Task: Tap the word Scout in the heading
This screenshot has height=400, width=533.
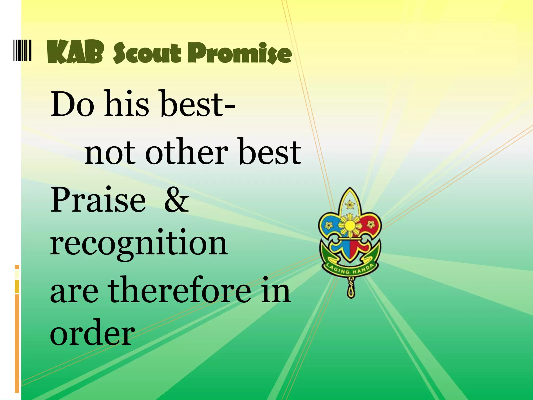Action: [x=147, y=53]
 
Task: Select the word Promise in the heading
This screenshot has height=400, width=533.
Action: [x=239, y=53]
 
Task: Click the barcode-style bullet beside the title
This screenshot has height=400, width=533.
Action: [x=22, y=50]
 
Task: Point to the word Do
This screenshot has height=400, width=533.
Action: [x=72, y=104]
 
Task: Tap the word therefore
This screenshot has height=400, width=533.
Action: [x=180, y=290]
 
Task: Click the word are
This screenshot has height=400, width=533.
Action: [x=74, y=292]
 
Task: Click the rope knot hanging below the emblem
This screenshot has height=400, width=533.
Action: [x=351, y=289]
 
